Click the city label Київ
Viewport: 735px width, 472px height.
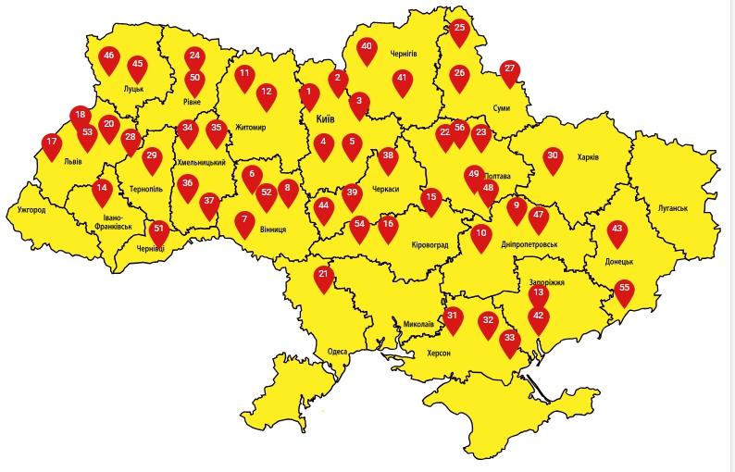325,120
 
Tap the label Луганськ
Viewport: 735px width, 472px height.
666,208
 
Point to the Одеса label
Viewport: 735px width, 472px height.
338,353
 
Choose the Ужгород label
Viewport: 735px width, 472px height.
31,210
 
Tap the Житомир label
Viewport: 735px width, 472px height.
251,128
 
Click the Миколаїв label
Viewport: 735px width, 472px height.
418,324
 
